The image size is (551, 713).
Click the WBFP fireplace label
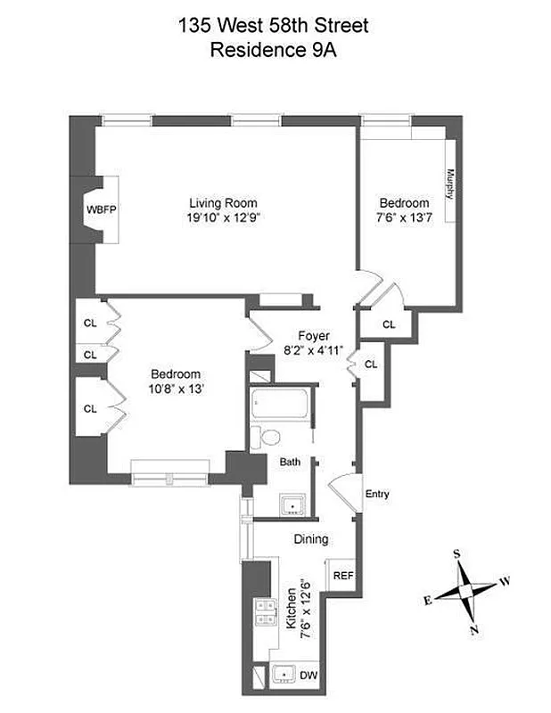point(102,209)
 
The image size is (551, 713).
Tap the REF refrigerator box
point(342,575)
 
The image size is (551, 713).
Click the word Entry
point(377,494)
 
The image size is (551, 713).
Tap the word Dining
point(311,539)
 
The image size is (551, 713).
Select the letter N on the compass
point(474,631)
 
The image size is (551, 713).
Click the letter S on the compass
point(457,553)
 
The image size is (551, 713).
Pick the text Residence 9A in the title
point(274,50)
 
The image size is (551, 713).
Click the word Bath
point(290,463)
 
